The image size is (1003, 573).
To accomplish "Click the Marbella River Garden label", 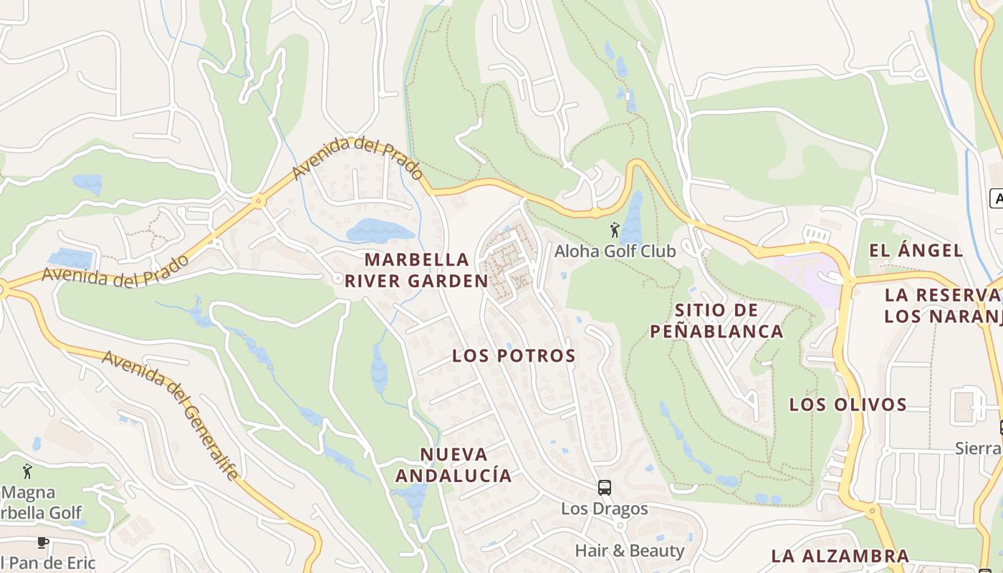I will (416, 270).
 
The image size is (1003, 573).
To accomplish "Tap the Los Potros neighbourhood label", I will (514, 356).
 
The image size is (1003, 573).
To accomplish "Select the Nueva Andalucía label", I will (453, 465).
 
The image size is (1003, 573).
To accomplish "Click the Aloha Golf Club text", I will (615, 251).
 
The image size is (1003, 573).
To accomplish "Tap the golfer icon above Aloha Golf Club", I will (615, 230).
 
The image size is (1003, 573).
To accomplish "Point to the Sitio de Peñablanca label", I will (716, 321).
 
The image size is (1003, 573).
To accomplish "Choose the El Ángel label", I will (916, 251).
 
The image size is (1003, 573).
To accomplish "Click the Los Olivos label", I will (848, 405).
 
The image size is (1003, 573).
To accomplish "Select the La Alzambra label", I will (840, 556).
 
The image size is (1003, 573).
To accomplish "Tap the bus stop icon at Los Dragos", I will (605, 488).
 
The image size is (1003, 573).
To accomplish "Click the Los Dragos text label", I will (604, 509).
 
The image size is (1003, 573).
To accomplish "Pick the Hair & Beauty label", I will (630, 551).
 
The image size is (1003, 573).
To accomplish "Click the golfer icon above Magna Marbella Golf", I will (28, 471).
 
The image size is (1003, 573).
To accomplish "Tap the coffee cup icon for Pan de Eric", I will (42, 542).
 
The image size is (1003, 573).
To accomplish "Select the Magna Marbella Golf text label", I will (39, 503).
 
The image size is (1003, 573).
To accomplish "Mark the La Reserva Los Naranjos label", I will (942, 306).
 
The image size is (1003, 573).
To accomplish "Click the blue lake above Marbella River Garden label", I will (380, 231).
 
